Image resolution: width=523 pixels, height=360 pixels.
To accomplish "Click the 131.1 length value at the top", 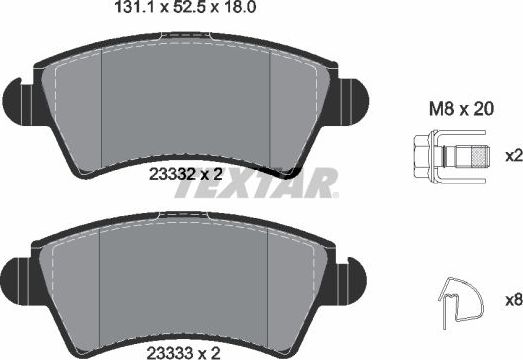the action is coord(134,7).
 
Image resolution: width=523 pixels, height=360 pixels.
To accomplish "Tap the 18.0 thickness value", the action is coord(240,7).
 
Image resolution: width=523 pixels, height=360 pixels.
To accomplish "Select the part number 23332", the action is coord(172,174).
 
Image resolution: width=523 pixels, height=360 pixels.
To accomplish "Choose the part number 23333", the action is coord(170,353).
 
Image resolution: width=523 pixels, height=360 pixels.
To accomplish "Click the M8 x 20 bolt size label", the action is coord(461,109).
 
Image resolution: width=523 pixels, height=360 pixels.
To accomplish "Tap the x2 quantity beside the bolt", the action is coord(514,156).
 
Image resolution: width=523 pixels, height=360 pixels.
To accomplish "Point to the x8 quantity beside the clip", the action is coord(514,300).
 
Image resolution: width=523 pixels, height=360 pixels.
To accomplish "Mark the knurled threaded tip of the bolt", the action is coord(481,157).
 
